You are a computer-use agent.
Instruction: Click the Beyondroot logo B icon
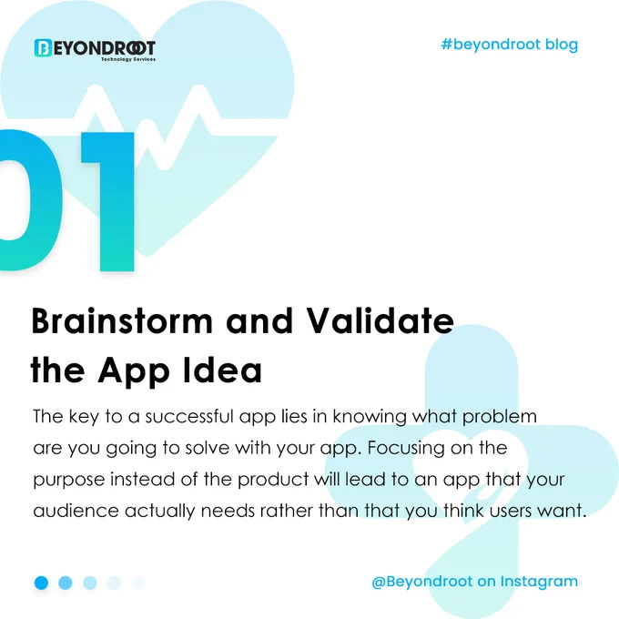tap(43, 47)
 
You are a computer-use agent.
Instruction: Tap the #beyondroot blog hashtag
tap(509, 45)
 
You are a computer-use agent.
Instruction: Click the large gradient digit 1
tap(107, 201)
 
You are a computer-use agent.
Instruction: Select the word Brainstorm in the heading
tap(122, 321)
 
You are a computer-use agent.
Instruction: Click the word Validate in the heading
tap(381, 320)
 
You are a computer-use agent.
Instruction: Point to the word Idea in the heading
tap(223, 370)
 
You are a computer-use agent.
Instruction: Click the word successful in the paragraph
tap(189, 417)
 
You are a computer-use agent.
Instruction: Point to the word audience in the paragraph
tap(76, 511)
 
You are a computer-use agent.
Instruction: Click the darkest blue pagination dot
tap(42, 583)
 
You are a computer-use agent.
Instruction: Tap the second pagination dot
tap(66, 583)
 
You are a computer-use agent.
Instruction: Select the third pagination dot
tap(90, 583)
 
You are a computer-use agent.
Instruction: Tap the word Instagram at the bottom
tap(539, 583)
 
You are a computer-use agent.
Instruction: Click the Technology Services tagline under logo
tap(128, 59)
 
